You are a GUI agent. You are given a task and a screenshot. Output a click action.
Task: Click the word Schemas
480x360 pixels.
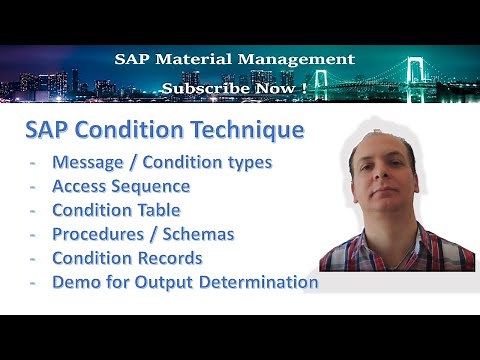[x=201, y=234]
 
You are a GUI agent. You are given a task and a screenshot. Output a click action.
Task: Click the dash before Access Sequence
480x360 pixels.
[x=34, y=186]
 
